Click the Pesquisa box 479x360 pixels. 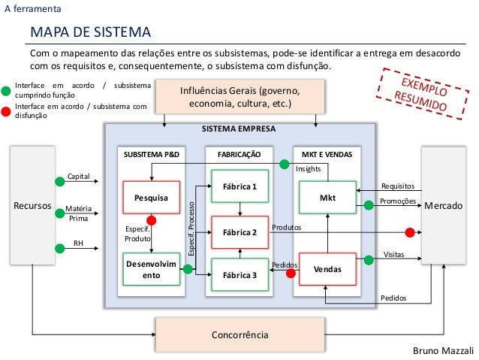click(152, 198)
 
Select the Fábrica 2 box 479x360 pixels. click(239, 233)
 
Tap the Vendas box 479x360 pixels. click(327, 268)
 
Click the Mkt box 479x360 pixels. click(327, 198)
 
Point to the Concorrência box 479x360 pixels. click(239, 333)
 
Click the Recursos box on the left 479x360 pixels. click(32, 204)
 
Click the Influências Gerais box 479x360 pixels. click(239, 96)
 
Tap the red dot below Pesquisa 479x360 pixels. click(152, 221)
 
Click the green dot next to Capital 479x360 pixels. click(59, 180)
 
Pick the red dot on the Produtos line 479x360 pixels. click(410, 231)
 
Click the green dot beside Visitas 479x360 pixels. click(369, 260)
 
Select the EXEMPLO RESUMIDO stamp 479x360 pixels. click(423, 95)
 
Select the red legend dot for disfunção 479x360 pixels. click(6, 112)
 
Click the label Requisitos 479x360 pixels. click(397, 186)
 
